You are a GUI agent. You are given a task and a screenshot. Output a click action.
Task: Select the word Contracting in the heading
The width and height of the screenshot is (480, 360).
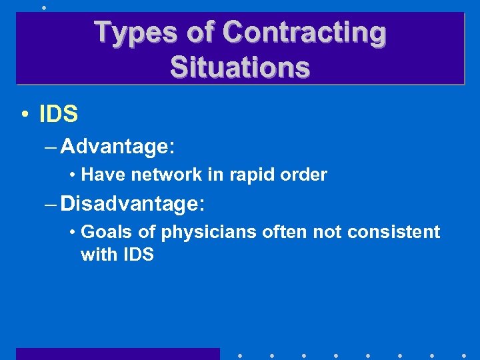(x=304, y=32)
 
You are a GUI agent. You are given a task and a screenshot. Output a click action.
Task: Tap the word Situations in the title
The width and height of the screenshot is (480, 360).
(x=240, y=67)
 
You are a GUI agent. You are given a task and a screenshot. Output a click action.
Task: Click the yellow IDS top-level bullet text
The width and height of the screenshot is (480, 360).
(x=59, y=115)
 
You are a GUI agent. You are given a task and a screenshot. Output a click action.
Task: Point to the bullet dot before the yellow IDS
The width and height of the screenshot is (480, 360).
(x=24, y=115)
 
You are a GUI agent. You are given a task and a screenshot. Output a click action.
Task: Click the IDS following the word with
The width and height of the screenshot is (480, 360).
(x=137, y=254)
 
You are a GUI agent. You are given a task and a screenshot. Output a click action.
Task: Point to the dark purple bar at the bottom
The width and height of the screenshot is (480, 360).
(x=117, y=354)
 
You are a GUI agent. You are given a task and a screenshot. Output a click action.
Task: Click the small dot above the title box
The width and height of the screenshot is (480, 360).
(x=44, y=7)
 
